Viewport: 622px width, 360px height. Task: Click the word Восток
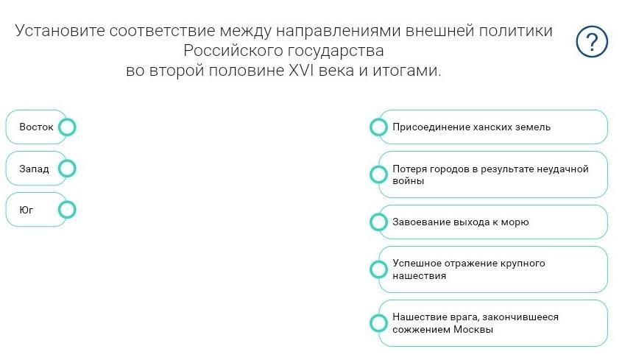36,127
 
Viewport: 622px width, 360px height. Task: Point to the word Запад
34,169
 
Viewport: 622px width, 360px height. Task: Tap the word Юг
26,210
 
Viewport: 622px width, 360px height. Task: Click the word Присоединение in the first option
429,127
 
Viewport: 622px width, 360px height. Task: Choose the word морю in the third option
515,222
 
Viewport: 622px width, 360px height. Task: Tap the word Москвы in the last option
473,329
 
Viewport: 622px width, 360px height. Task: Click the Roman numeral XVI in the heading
302,71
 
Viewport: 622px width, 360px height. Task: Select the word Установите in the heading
60,31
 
